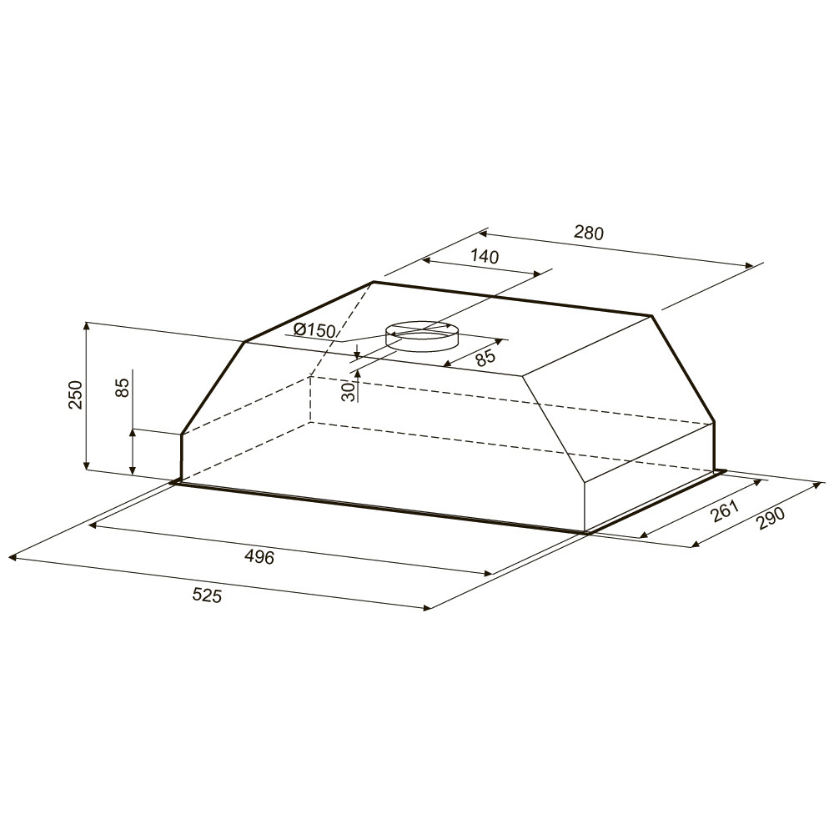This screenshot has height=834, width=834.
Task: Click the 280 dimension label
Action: (589, 233)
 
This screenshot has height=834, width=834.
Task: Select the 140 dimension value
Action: (485, 256)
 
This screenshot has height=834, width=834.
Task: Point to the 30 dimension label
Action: (348, 392)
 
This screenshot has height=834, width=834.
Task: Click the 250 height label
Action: (76, 394)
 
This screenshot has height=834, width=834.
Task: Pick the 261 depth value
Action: (726, 511)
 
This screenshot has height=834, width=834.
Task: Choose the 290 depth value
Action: (771, 518)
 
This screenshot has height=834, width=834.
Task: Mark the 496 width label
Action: (259, 557)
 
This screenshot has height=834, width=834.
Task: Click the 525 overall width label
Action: (206, 595)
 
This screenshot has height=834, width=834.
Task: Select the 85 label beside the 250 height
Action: (122, 387)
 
